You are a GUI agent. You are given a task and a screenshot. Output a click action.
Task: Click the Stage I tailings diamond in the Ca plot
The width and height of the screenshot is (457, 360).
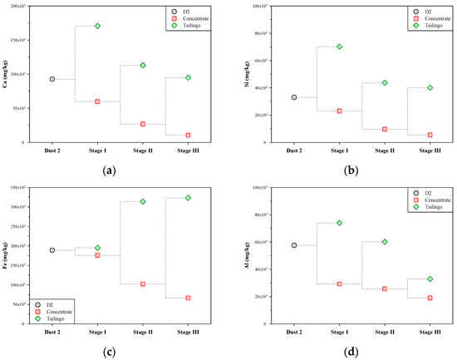97,26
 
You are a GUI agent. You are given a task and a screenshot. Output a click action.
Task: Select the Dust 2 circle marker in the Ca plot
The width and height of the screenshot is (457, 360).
52,79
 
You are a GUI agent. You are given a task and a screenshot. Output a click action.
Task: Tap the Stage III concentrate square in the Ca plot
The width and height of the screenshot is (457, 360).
188,135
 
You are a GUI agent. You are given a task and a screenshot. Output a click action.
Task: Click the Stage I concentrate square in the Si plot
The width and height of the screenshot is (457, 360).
339,111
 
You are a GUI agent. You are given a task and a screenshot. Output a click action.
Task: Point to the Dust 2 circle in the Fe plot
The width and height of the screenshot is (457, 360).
52,250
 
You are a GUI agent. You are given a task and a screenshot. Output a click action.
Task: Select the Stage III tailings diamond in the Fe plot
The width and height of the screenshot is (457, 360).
188,198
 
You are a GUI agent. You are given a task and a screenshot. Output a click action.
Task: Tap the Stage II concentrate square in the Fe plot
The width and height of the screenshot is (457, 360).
143,284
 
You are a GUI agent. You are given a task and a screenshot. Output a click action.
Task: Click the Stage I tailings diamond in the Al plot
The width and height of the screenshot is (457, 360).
339,223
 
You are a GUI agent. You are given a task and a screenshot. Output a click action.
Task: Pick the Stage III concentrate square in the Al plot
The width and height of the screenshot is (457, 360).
430,298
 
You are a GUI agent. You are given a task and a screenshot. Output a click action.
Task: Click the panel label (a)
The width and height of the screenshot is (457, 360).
109,170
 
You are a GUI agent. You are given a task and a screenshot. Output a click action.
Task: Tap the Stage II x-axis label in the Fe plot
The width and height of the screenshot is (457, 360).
143,332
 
